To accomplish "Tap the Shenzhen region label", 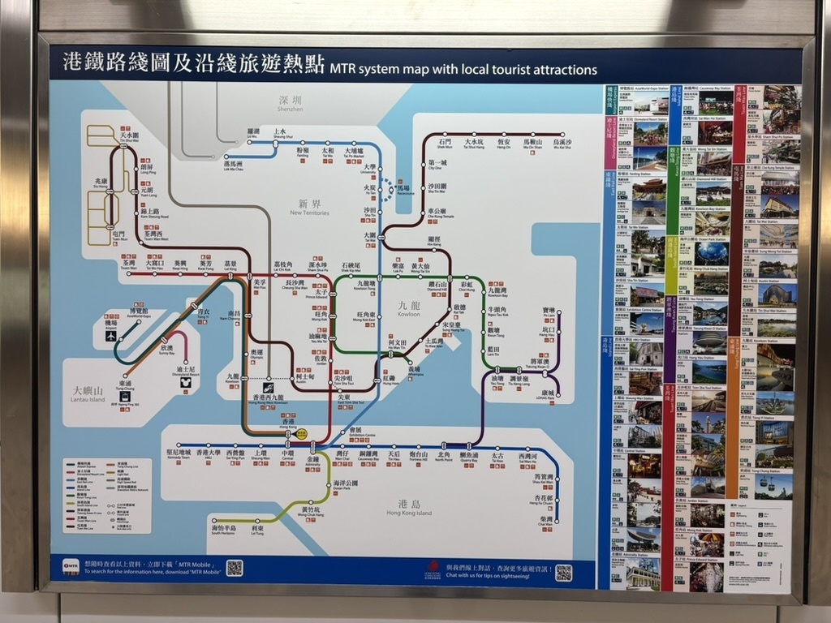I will click(290, 104).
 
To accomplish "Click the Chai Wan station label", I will click(545, 521).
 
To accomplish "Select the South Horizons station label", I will click(224, 530).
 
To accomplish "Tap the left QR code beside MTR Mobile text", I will click(234, 568).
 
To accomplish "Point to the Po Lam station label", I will click(549, 313).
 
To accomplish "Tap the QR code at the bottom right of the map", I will click(563, 573).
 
